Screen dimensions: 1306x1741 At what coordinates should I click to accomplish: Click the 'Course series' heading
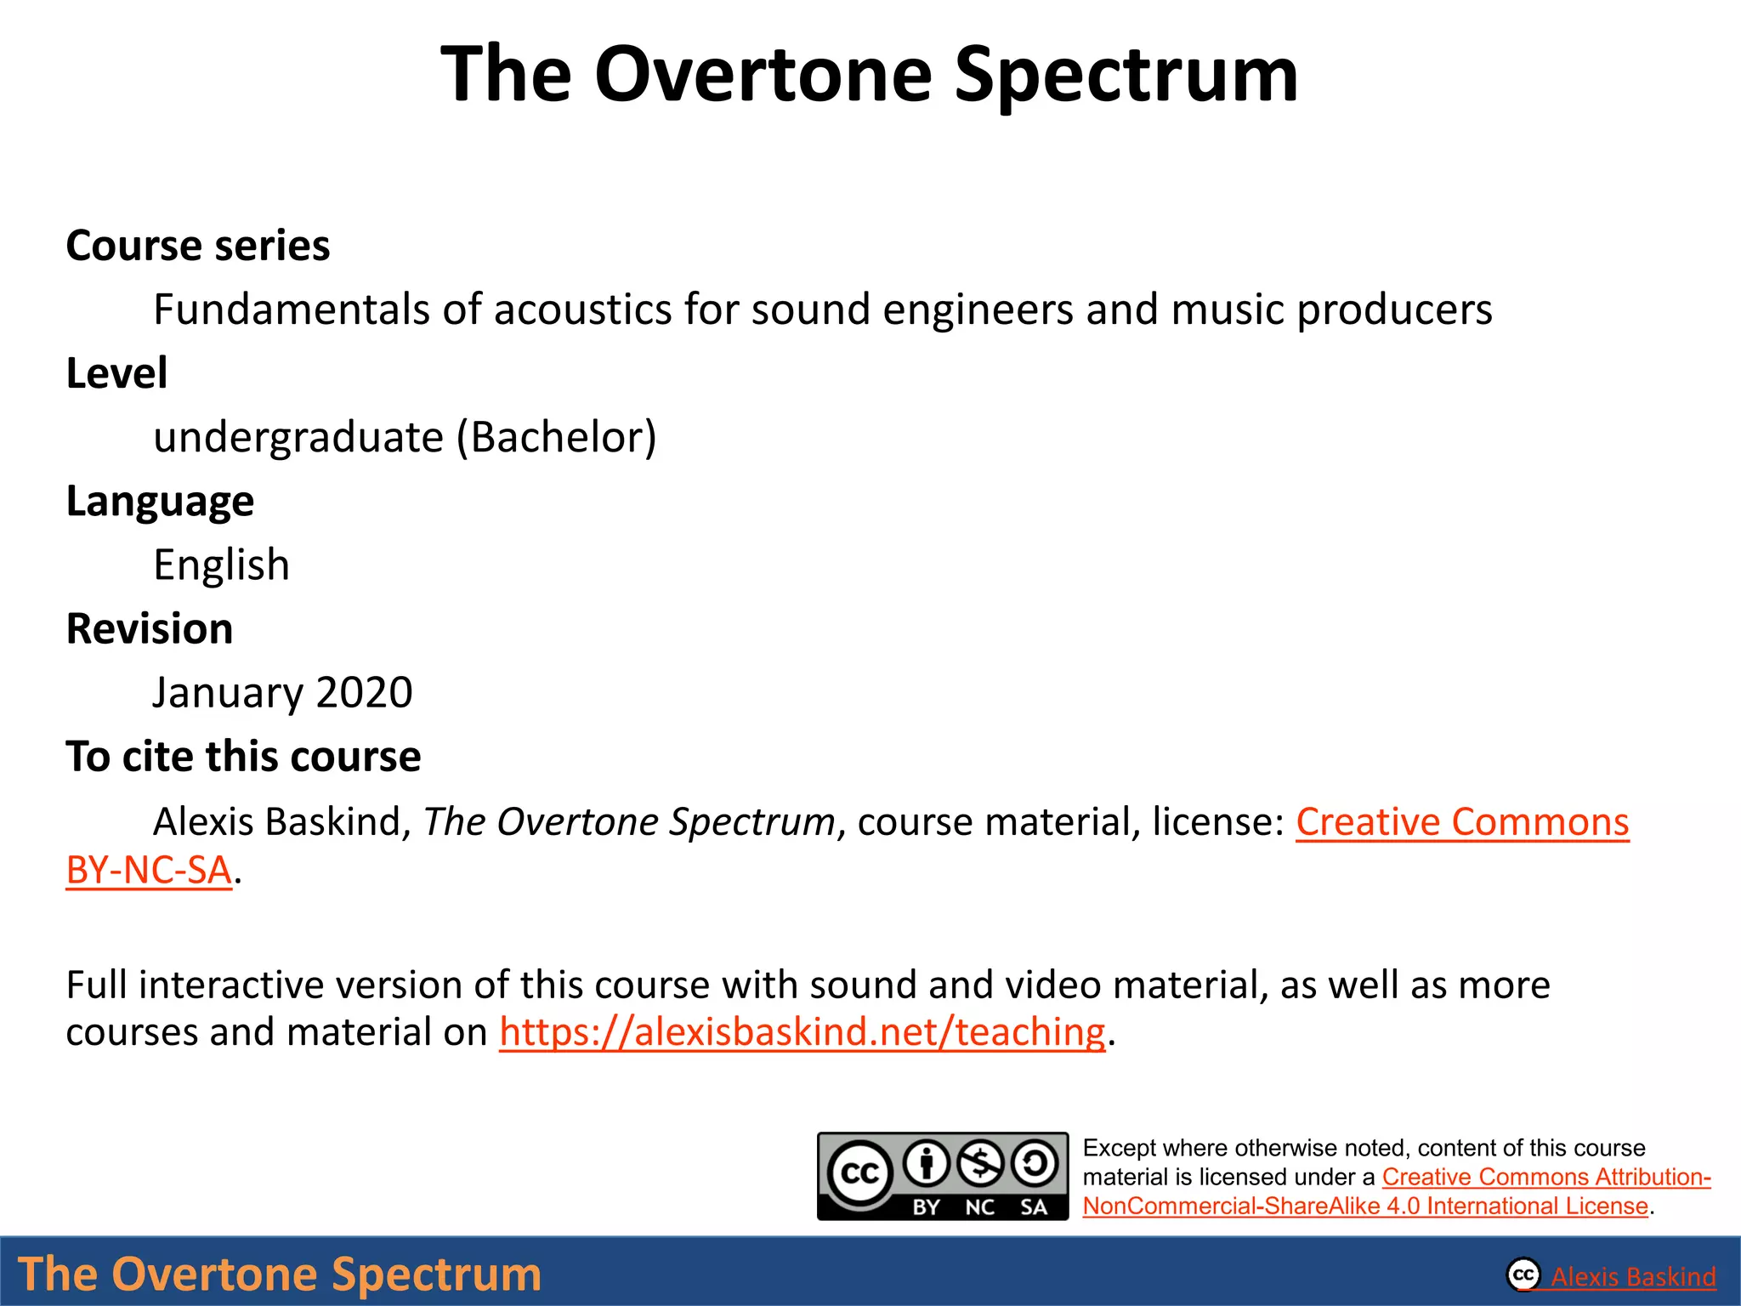click(x=197, y=246)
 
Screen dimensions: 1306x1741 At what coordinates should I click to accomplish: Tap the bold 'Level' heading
click(x=116, y=373)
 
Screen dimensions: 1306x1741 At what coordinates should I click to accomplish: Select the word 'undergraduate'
click(x=298, y=438)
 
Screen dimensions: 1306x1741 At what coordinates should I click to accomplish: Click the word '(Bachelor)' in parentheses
click(x=557, y=438)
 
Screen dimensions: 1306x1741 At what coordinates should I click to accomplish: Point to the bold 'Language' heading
click(x=160, y=501)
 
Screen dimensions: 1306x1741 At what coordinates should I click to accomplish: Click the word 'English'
click(x=221, y=565)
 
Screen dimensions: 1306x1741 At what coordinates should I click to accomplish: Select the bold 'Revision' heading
click(x=150, y=629)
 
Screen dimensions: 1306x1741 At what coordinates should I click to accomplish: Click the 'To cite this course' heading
click(x=243, y=757)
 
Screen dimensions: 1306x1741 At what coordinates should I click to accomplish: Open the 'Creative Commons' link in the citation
click(x=1461, y=822)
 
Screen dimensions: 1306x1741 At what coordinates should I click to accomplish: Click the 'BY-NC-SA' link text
click(x=149, y=870)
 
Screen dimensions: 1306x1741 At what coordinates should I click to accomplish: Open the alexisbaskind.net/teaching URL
click(x=802, y=1032)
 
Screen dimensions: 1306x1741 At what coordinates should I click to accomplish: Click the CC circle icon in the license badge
click(x=859, y=1173)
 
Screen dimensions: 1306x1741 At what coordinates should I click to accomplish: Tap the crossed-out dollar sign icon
click(x=981, y=1163)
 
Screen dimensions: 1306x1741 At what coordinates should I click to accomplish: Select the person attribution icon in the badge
click(x=927, y=1163)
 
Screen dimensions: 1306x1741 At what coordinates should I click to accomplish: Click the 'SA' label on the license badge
click(x=1034, y=1207)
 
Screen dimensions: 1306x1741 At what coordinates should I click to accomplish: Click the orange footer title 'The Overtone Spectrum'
click(x=280, y=1274)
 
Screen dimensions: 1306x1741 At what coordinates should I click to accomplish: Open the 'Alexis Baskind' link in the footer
click(x=1632, y=1276)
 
